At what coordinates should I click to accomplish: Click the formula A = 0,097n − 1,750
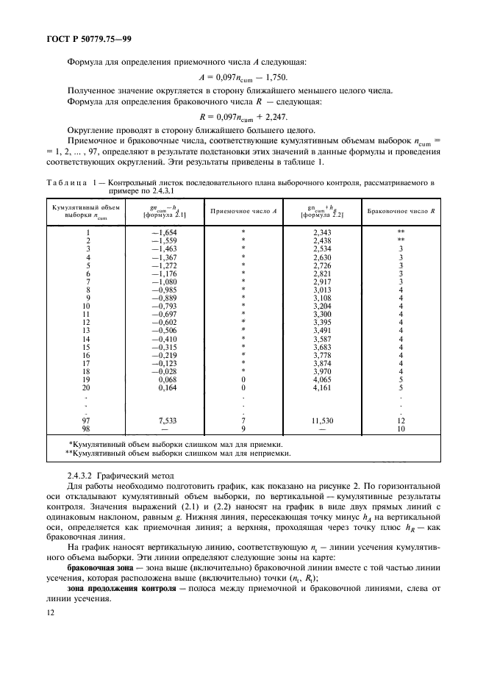pyautogui.click(x=243, y=76)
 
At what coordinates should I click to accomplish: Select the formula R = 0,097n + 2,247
pyautogui.click(x=243, y=116)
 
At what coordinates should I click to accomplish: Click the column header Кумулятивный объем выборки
pyautogui.click(x=87, y=210)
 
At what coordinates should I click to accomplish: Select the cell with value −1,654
pyautogui.click(x=165, y=232)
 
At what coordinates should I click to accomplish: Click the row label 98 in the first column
pyautogui.click(x=87, y=428)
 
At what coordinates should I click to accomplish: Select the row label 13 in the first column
pyautogui.click(x=87, y=331)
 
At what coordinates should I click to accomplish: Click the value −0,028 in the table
pyautogui.click(x=165, y=371)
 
